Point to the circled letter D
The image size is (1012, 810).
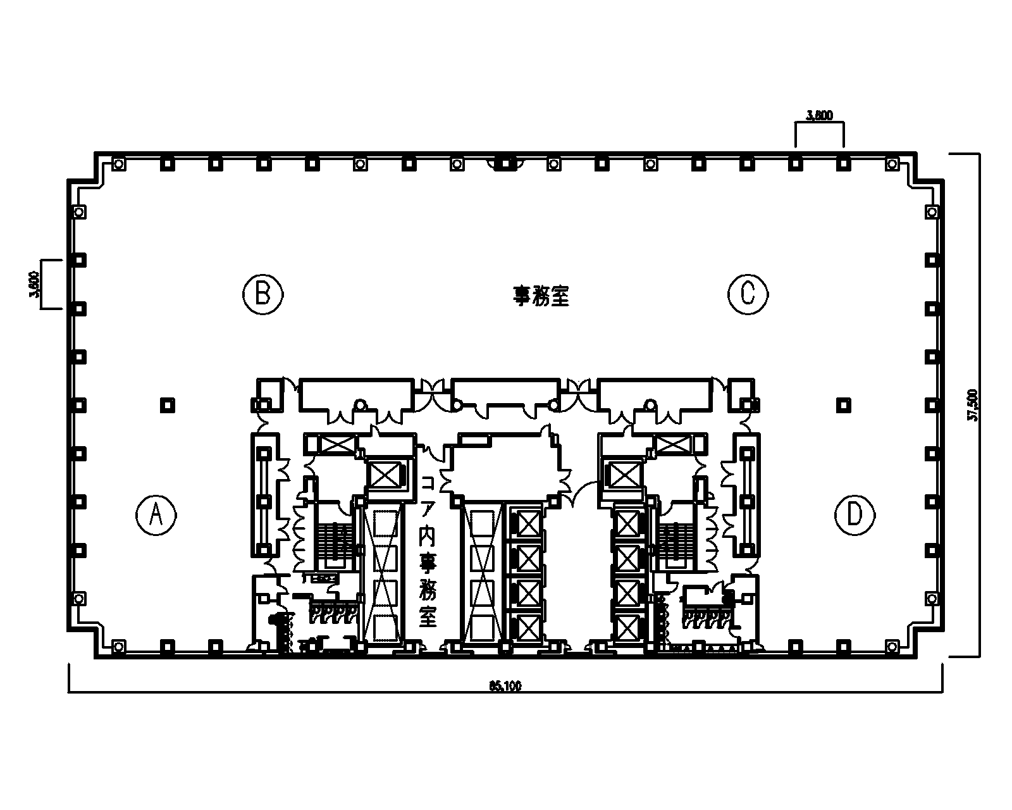[855, 516]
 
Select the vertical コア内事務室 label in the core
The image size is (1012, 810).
[428, 551]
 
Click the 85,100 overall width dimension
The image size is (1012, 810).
[505, 686]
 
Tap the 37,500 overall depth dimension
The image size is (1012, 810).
[973, 405]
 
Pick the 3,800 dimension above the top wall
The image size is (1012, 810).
[820, 115]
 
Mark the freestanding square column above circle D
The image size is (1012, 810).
[843, 404]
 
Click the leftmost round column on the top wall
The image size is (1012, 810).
[118, 164]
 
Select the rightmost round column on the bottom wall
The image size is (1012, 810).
[892, 646]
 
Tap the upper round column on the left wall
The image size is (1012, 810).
[79, 213]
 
